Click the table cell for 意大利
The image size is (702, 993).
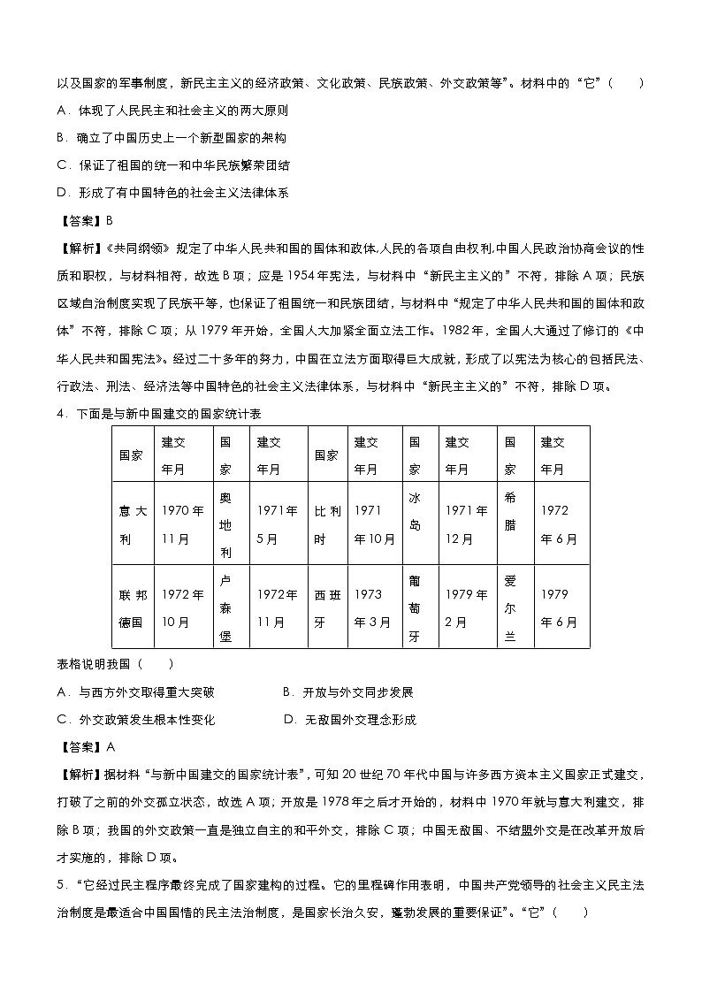[x=133, y=523]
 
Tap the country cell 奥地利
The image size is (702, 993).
[x=226, y=523]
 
